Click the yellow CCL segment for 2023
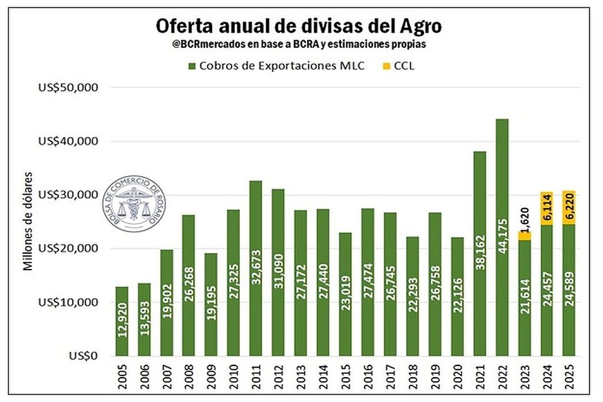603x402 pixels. coord(525,235)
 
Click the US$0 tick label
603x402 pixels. coord(85,356)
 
